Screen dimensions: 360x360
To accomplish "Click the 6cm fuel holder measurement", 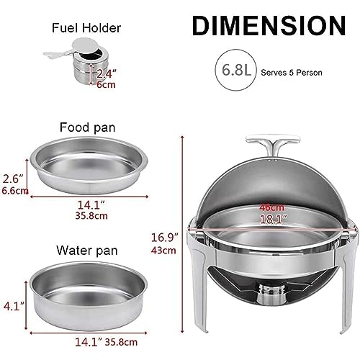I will pos(106,84).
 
